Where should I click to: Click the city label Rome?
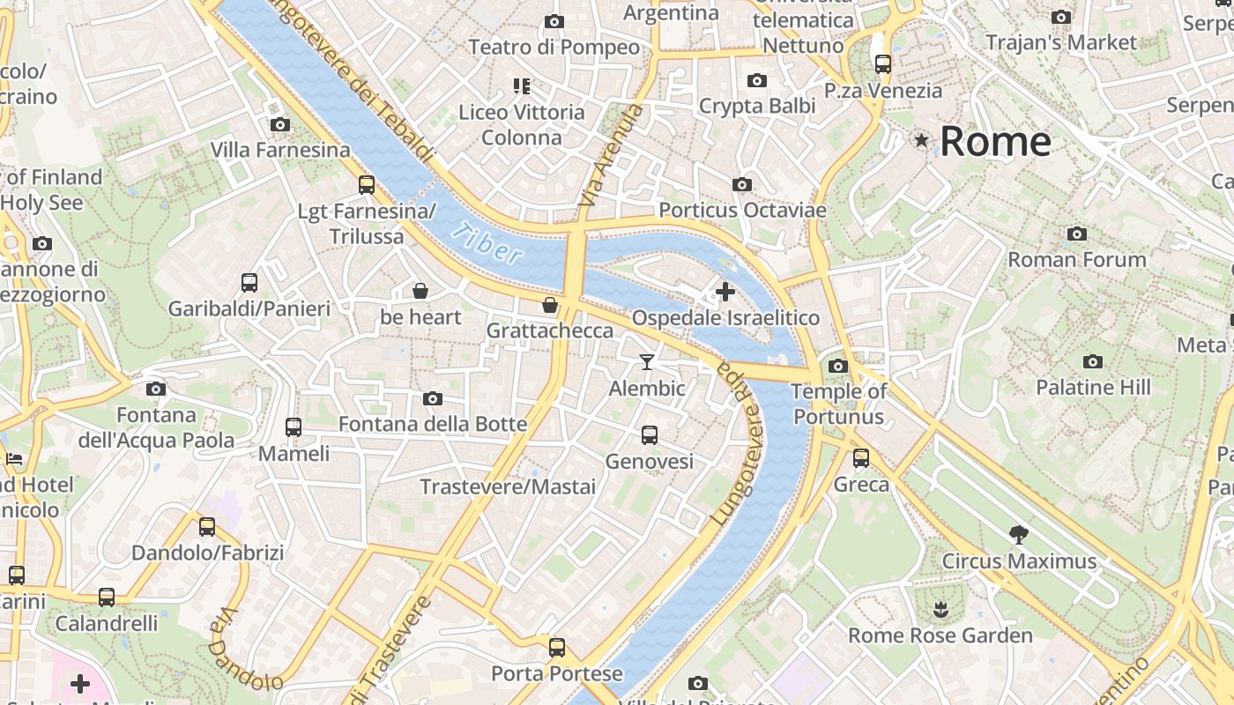click(x=995, y=142)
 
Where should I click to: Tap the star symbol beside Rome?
click(x=922, y=140)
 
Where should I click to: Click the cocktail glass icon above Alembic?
click(x=647, y=362)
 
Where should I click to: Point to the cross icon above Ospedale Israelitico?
click(x=725, y=292)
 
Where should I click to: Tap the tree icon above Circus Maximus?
click(x=1019, y=535)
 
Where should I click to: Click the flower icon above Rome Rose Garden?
click(x=940, y=609)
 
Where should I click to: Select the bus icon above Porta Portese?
click(x=557, y=648)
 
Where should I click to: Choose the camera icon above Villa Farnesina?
click(x=280, y=124)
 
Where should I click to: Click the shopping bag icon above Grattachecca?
click(x=550, y=305)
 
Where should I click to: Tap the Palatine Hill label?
click(x=1093, y=388)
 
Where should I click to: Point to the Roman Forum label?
click(x=1076, y=260)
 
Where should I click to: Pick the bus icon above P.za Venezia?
click(x=883, y=64)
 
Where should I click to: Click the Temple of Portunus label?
click(x=839, y=404)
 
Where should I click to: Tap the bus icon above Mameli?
click(x=294, y=427)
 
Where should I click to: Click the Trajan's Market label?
click(x=1061, y=42)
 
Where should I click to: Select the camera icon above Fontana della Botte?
click(x=432, y=398)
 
